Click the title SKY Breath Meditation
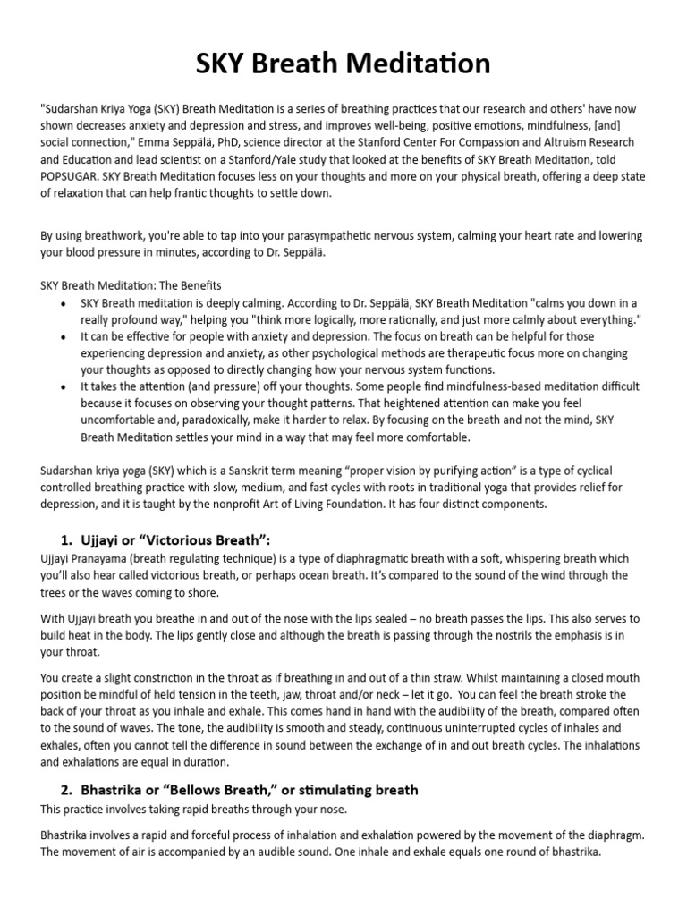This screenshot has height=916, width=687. (x=343, y=64)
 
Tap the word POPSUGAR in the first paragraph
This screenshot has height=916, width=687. (x=74, y=175)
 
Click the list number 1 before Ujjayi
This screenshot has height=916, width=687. (x=65, y=539)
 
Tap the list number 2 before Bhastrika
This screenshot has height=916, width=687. (x=66, y=790)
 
